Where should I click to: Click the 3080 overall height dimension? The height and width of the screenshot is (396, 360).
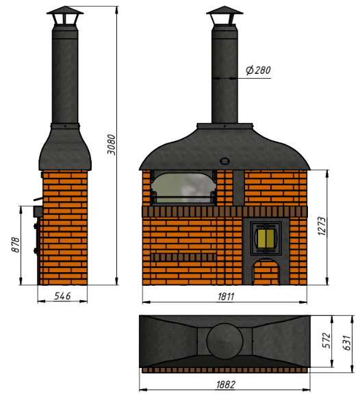[x=112, y=144]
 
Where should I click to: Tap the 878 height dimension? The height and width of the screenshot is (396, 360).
[x=16, y=244]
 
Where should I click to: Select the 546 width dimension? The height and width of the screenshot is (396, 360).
[x=62, y=296]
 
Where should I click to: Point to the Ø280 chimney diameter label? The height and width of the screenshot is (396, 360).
[x=259, y=70]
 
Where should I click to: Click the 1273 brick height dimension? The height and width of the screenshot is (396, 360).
[x=322, y=226]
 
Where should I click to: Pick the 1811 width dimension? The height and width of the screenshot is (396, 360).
[x=226, y=297]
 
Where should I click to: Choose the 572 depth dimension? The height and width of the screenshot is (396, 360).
[x=326, y=341]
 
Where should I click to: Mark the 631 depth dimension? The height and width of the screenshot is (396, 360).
[x=347, y=343]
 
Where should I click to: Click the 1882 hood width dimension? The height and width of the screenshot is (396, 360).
[x=226, y=384]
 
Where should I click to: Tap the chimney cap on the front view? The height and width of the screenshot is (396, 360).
[x=224, y=16]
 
